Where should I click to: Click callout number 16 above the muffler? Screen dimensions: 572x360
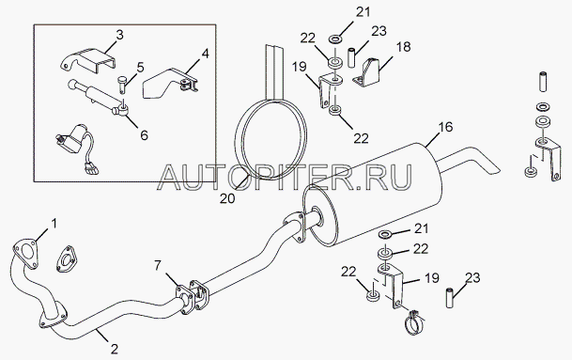tap(445, 127)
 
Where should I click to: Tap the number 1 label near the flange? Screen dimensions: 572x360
tap(54, 223)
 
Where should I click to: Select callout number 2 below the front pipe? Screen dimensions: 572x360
tap(115, 349)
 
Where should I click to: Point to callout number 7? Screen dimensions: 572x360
tap(157, 265)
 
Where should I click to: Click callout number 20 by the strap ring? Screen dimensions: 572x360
tap(227, 198)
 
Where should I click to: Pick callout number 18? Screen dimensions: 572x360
tap(404, 47)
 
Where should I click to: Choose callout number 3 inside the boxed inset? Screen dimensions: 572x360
tap(119, 35)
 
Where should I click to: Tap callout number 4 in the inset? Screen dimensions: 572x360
tap(205, 54)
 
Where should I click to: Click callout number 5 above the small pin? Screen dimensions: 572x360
tap(141, 68)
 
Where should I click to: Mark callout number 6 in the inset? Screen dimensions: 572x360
tap(144, 135)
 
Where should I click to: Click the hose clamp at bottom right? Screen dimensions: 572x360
tap(414, 321)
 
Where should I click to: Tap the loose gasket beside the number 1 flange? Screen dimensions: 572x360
tap(67, 258)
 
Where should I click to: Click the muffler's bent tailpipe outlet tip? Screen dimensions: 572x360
tap(493, 168)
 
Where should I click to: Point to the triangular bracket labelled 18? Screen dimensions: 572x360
tap(368, 73)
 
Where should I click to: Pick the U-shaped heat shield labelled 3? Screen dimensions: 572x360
tap(87, 60)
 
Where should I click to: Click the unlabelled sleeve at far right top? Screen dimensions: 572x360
tap(543, 82)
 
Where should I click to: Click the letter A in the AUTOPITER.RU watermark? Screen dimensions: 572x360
tap(171, 178)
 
